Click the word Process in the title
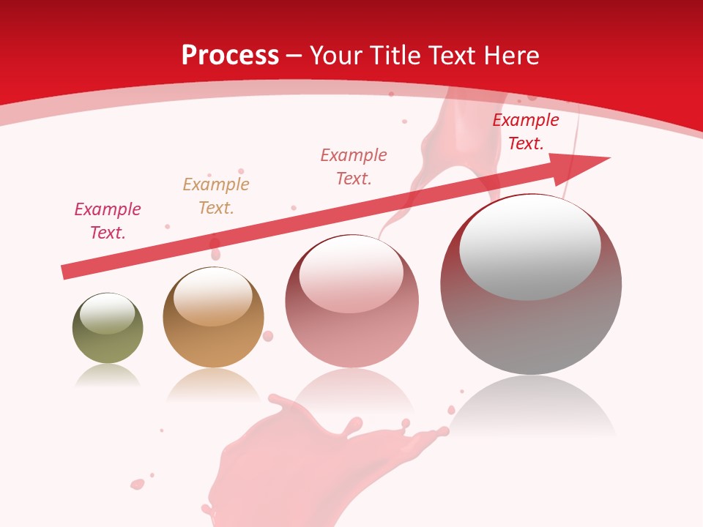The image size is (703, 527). pos(230,56)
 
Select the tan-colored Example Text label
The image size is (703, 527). pos(216,196)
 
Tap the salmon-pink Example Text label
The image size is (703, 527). pos(354,166)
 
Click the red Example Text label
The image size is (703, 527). pos(526,132)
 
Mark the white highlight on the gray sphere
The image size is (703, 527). pos(529,247)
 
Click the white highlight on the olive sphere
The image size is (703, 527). pos(107,314)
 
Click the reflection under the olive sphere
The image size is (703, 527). pos(108,376)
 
